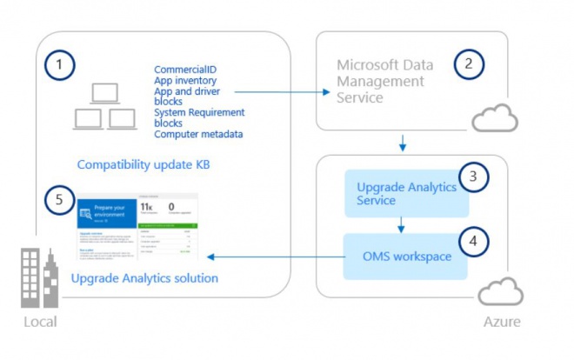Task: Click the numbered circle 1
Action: tap(59, 64)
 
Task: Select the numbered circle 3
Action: tap(474, 177)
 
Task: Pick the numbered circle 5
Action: tap(59, 199)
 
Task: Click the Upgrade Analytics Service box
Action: tap(406, 194)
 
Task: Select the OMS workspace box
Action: tap(404, 257)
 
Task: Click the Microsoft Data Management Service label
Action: tap(384, 83)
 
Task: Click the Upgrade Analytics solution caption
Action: tap(144, 278)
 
